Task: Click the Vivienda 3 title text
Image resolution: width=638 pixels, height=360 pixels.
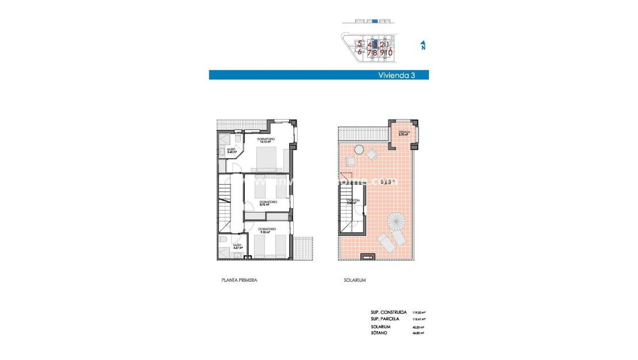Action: (396, 75)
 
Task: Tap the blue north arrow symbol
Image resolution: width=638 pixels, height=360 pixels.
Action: (423, 45)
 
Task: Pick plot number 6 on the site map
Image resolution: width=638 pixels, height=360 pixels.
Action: (360, 52)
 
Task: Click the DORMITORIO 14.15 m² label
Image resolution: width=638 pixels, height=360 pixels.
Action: (266, 140)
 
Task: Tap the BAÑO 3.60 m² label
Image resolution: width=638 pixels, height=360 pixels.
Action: (230, 151)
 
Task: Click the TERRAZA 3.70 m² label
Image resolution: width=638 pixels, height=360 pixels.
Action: (404, 133)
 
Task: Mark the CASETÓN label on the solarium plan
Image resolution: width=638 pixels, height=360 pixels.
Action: (353, 201)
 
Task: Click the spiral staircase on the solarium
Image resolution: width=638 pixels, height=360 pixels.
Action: (395, 220)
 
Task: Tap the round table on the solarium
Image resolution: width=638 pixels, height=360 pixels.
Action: (359, 150)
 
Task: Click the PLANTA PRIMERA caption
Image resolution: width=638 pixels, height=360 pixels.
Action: (239, 280)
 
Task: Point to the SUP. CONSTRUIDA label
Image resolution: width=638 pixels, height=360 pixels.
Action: (389, 312)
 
